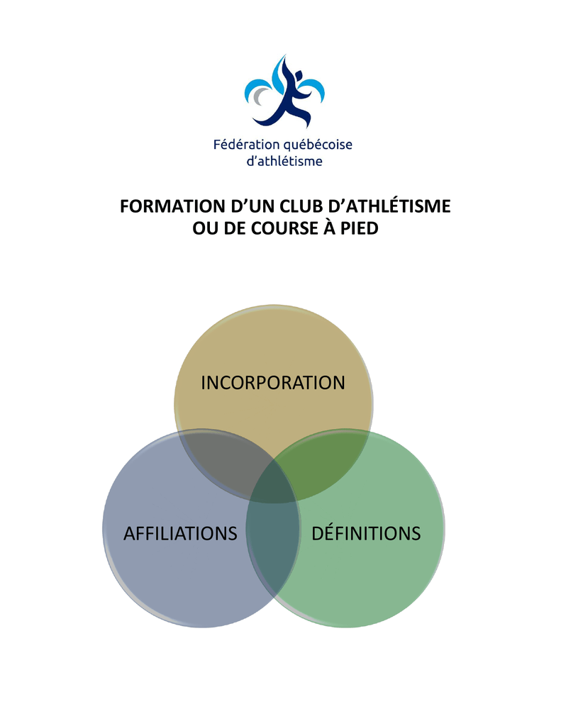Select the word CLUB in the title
(x=296, y=207)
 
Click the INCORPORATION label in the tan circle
(x=272, y=383)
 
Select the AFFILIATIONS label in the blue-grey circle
(x=180, y=533)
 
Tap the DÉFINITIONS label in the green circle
(x=366, y=533)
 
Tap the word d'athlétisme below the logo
(x=282, y=162)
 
